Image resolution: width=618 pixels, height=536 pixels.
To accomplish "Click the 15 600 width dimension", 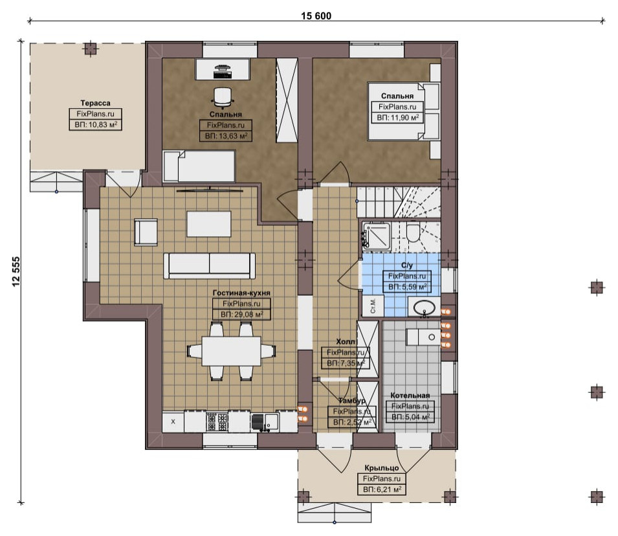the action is (316, 16).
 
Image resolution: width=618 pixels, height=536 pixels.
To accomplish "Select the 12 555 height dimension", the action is (16, 272).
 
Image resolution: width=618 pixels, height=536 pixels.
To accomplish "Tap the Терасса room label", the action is (95, 103).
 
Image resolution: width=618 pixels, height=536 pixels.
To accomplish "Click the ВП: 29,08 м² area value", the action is (241, 315).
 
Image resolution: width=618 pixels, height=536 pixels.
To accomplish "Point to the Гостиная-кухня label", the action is (241, 293).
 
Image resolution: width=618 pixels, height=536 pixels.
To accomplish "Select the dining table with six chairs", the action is (232, 351).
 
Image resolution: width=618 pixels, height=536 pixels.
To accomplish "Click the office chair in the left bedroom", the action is (223, 97).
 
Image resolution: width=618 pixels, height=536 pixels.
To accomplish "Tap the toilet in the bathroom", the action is (414, 232).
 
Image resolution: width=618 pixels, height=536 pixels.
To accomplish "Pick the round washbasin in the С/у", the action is (424, 307).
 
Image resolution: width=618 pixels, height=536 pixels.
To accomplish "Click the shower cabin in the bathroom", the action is (377, 236).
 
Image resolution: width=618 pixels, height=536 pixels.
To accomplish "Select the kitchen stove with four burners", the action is (217, 421).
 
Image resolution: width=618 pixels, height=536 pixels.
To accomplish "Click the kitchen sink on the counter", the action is (265, 421).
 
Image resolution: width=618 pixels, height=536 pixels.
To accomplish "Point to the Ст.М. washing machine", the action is (373, 306).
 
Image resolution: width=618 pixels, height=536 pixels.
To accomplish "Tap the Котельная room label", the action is (410, 395).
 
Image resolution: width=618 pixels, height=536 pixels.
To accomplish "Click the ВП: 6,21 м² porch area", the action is (382, 490).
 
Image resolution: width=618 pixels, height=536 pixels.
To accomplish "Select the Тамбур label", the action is (351, 401).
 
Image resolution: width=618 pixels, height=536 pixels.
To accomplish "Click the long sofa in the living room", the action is (209, 266).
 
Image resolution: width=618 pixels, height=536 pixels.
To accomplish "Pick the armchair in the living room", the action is (146, 232).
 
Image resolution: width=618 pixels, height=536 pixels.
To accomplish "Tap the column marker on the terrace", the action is (91, 49).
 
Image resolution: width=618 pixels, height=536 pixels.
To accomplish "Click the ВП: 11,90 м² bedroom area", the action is (397, 118).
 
